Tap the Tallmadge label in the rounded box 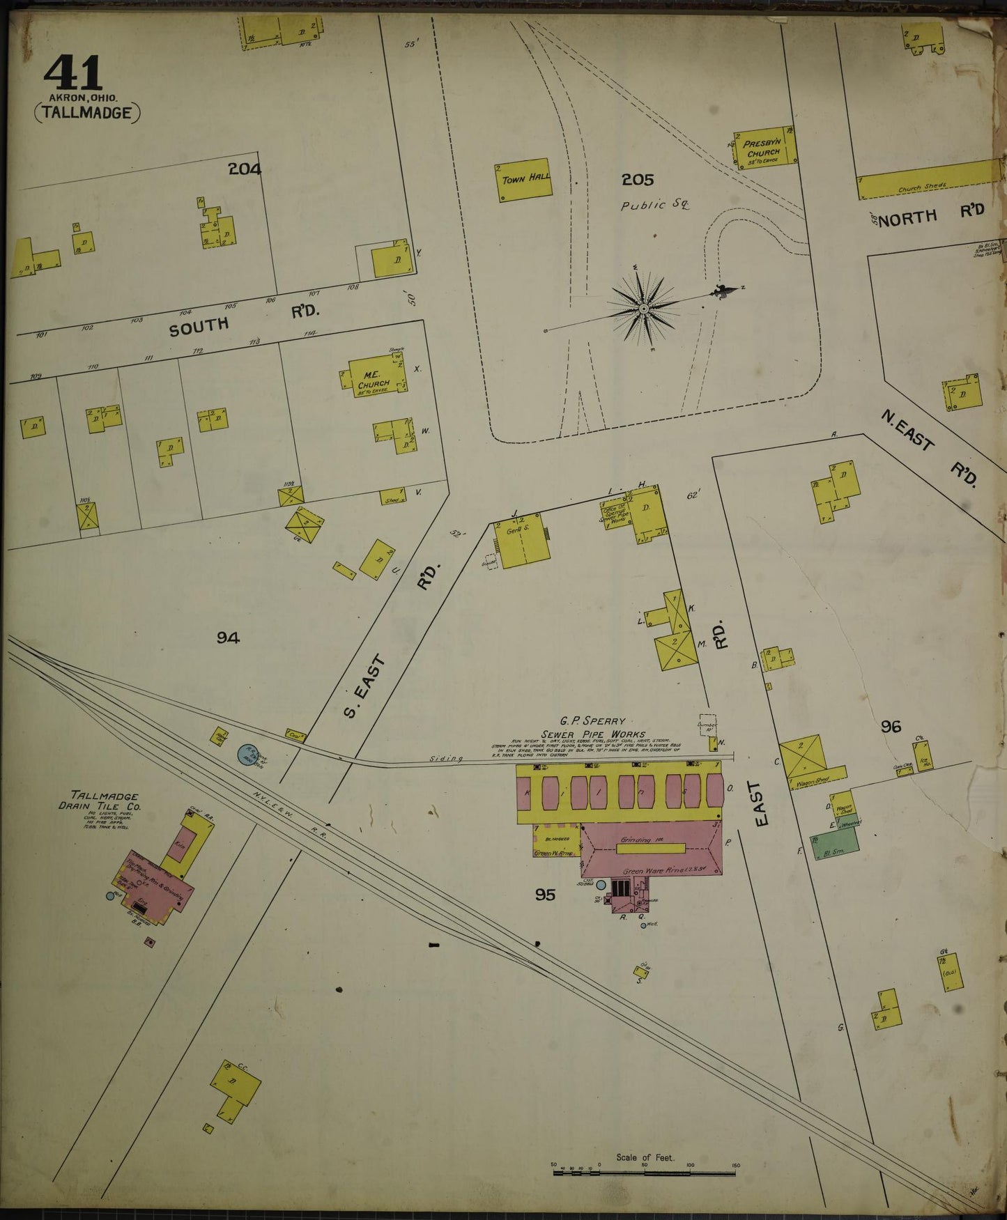point(86,112)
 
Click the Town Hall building point(525,182)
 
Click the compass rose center point(644,308)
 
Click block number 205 point(638,180)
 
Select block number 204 point(244,169)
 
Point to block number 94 point(228,637)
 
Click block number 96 point(891,727)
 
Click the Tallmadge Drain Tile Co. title point(105,801)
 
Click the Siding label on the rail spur point(446,759)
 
